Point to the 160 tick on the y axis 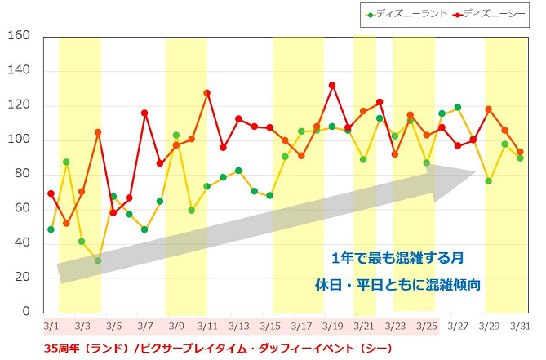(x=18, y=36)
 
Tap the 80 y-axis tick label (x=21, y=174)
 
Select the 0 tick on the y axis (x=25, y=312)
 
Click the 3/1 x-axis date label (x=51, y=326)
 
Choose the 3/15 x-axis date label (x=269, y=326)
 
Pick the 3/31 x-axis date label (x=520, y=326)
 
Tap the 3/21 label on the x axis (x=363, y=326)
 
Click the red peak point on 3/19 (x=332, y=85)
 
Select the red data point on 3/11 (x=206, y=93)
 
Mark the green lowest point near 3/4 (x=98, y=260)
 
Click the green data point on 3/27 (x=457, y=107)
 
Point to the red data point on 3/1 (x=51, y=193)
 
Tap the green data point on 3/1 (x=51, y=229)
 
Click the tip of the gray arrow (x=475, y=171)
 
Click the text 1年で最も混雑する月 (x=398, y=258)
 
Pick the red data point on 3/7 (x=144, y=113)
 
